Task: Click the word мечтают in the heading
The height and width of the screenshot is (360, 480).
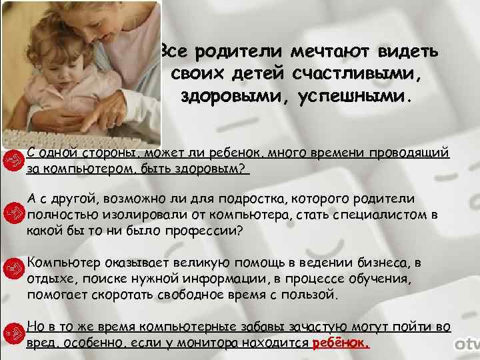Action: click(x=329, y=51)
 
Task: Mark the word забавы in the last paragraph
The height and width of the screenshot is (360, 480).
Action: click(x=259, y=327)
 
